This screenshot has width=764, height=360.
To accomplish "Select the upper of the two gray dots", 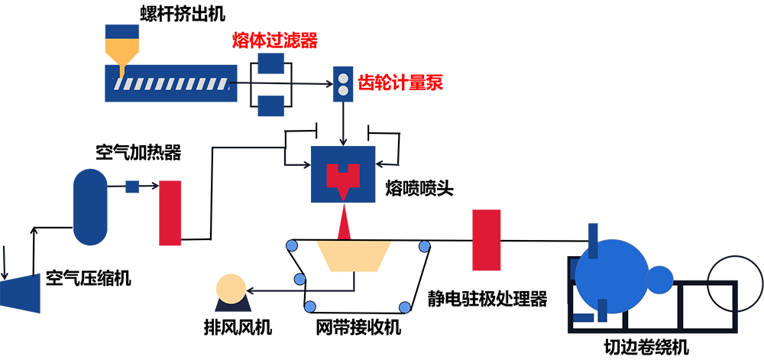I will (x=343, y=79).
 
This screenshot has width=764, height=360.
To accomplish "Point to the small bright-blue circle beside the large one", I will (x=658, y=276).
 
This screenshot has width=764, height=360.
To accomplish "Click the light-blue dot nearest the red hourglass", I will (x=424, y=246).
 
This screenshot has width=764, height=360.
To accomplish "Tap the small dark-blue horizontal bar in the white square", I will (x=584, y=316).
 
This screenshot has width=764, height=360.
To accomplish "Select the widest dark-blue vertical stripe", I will (x=592, y=115).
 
